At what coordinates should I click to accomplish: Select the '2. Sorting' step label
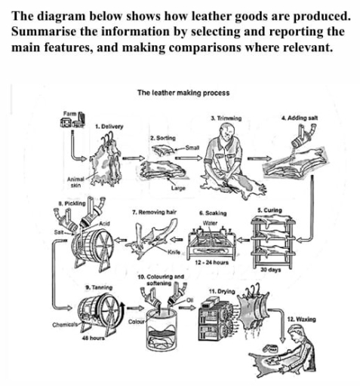click(x=162, y=139)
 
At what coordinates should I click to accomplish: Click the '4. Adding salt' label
click(x=297, y=118)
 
